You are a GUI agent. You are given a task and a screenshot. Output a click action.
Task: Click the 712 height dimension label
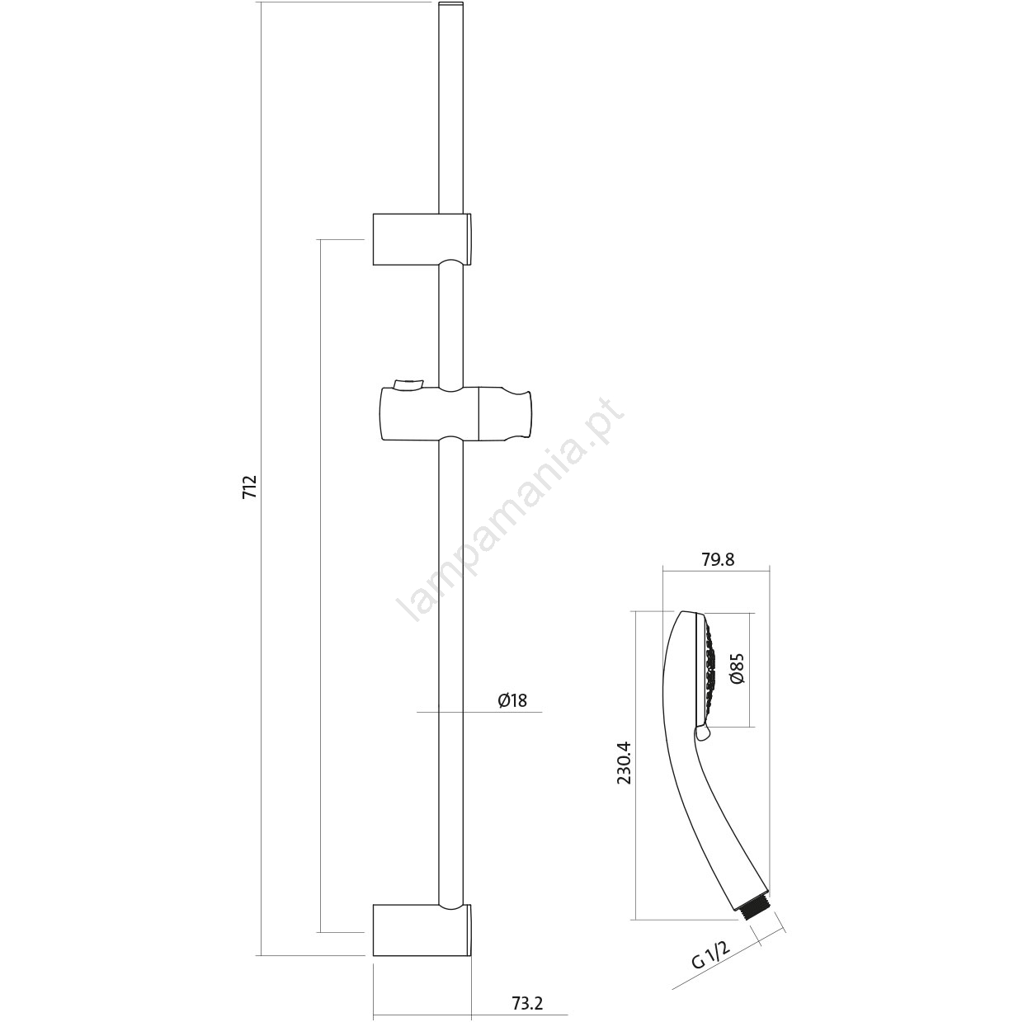pyautogui.click(x=249, y=487)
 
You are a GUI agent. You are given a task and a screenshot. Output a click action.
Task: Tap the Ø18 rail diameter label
pyautogui.click(x=512, y=700)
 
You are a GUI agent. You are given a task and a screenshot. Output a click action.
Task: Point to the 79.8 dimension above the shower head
pyautogui.click(x=719, y=559)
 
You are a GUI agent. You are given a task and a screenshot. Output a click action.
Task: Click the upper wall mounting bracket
pyautogui.click(x=422, y=239)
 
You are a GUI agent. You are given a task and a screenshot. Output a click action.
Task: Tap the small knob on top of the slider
pyautogui.click(x=407, y=384)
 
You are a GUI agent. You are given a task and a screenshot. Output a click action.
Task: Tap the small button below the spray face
pyautogui.click(x=702, y=733)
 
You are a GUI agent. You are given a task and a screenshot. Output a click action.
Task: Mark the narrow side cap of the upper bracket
pyautogui.click(x=469, y=239)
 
